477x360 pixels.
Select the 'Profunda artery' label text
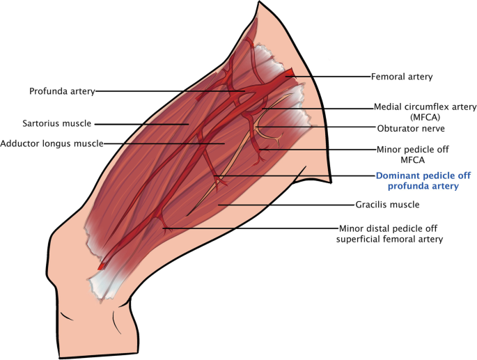click(61, 91)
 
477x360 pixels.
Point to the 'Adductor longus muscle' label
click(52, 143)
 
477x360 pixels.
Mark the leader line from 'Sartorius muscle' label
click(139, 124)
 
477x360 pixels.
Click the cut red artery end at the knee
click(102, 265)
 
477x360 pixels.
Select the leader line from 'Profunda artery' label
click(167, 91)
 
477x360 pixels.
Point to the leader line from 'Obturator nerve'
click(313, 127)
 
